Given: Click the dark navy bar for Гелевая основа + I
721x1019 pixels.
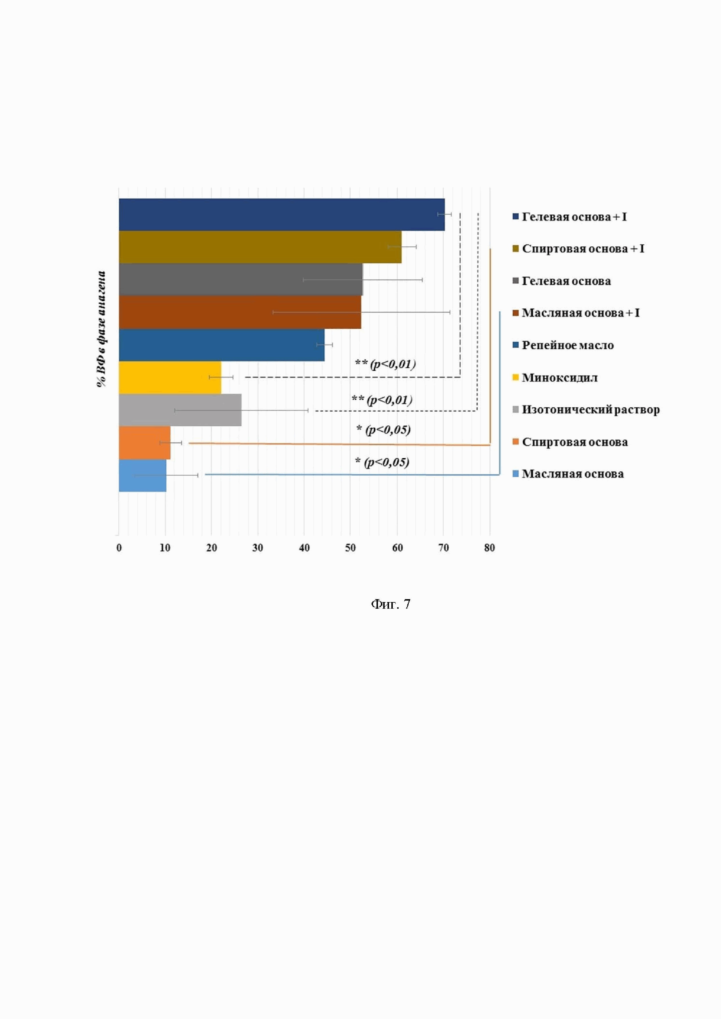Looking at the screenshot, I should coord(281,214).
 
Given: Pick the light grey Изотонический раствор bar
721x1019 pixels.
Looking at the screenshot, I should coord(180,410).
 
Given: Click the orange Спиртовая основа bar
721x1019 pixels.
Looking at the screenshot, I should coord(144,443).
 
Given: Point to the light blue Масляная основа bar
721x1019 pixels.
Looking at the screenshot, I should coord(142,475).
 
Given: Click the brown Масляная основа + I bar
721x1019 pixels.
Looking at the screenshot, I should coord(240,312).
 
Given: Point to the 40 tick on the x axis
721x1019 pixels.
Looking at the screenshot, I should coord(304,548).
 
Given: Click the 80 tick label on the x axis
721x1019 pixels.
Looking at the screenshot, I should coord(489,548).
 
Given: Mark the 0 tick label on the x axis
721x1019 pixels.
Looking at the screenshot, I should coord(119,548).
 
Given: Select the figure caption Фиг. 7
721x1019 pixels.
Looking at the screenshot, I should coord(391,604).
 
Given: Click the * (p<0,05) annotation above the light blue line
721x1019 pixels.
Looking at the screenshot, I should coord(382,462).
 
